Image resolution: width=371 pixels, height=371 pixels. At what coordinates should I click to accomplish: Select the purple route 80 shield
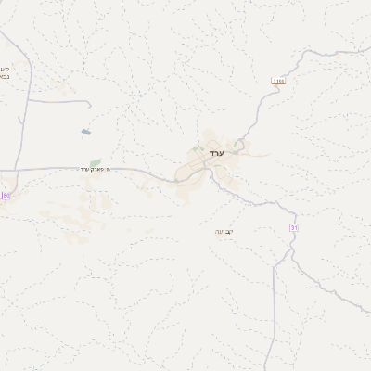tap(6, 195)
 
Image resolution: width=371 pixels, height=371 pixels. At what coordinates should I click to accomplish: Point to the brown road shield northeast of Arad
tap(276, 82)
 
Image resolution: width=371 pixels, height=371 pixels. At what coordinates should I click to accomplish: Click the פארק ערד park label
tap(95, 169)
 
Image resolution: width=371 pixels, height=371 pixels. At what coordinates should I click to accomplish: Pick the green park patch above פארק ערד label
tap(96, 162)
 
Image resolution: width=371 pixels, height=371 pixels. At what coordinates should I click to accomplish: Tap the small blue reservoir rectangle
tap(86, 133)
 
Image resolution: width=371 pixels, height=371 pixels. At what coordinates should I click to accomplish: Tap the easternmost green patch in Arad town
tap(238, 145)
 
